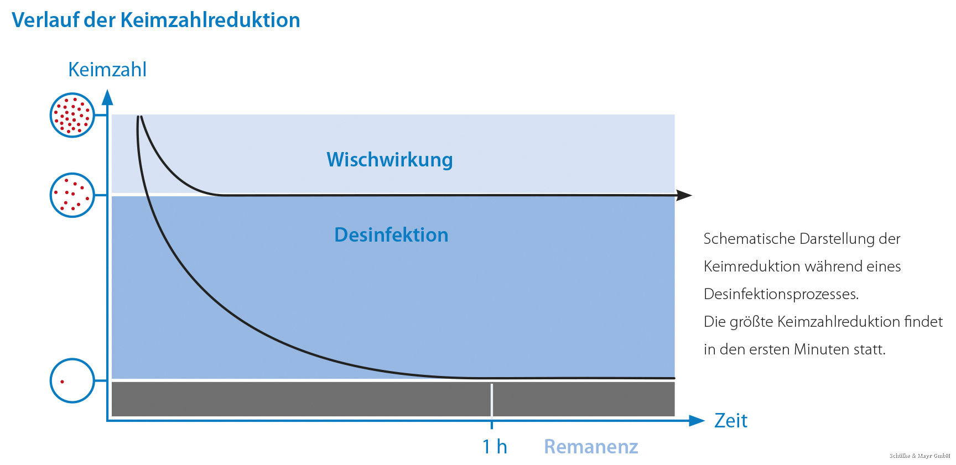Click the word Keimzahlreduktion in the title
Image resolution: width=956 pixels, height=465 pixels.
point(210,20)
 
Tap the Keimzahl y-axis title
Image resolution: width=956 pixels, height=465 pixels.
point(107,70)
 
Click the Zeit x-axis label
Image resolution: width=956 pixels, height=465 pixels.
point(731,421)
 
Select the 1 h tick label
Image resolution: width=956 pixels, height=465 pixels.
point(495,446)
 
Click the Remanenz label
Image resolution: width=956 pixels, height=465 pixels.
point(591,446)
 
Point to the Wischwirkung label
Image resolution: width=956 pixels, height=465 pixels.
point(389,160)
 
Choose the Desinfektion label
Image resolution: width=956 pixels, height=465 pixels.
point(391,235)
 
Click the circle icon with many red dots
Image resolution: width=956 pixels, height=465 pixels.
point(72,115)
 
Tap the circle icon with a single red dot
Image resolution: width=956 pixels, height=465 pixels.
point(72,380)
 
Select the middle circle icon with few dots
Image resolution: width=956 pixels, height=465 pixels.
point(72,195)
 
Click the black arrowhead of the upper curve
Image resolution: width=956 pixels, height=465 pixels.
point(684,195)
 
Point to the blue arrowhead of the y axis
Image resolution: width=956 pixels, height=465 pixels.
point(107,97)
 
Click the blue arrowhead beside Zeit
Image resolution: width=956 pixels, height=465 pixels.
point(697,421)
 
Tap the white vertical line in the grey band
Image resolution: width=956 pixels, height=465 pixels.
point(492,400)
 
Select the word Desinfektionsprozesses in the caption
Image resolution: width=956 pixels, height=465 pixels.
point(781,294)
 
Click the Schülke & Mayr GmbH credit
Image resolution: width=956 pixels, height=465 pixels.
point(920,456)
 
